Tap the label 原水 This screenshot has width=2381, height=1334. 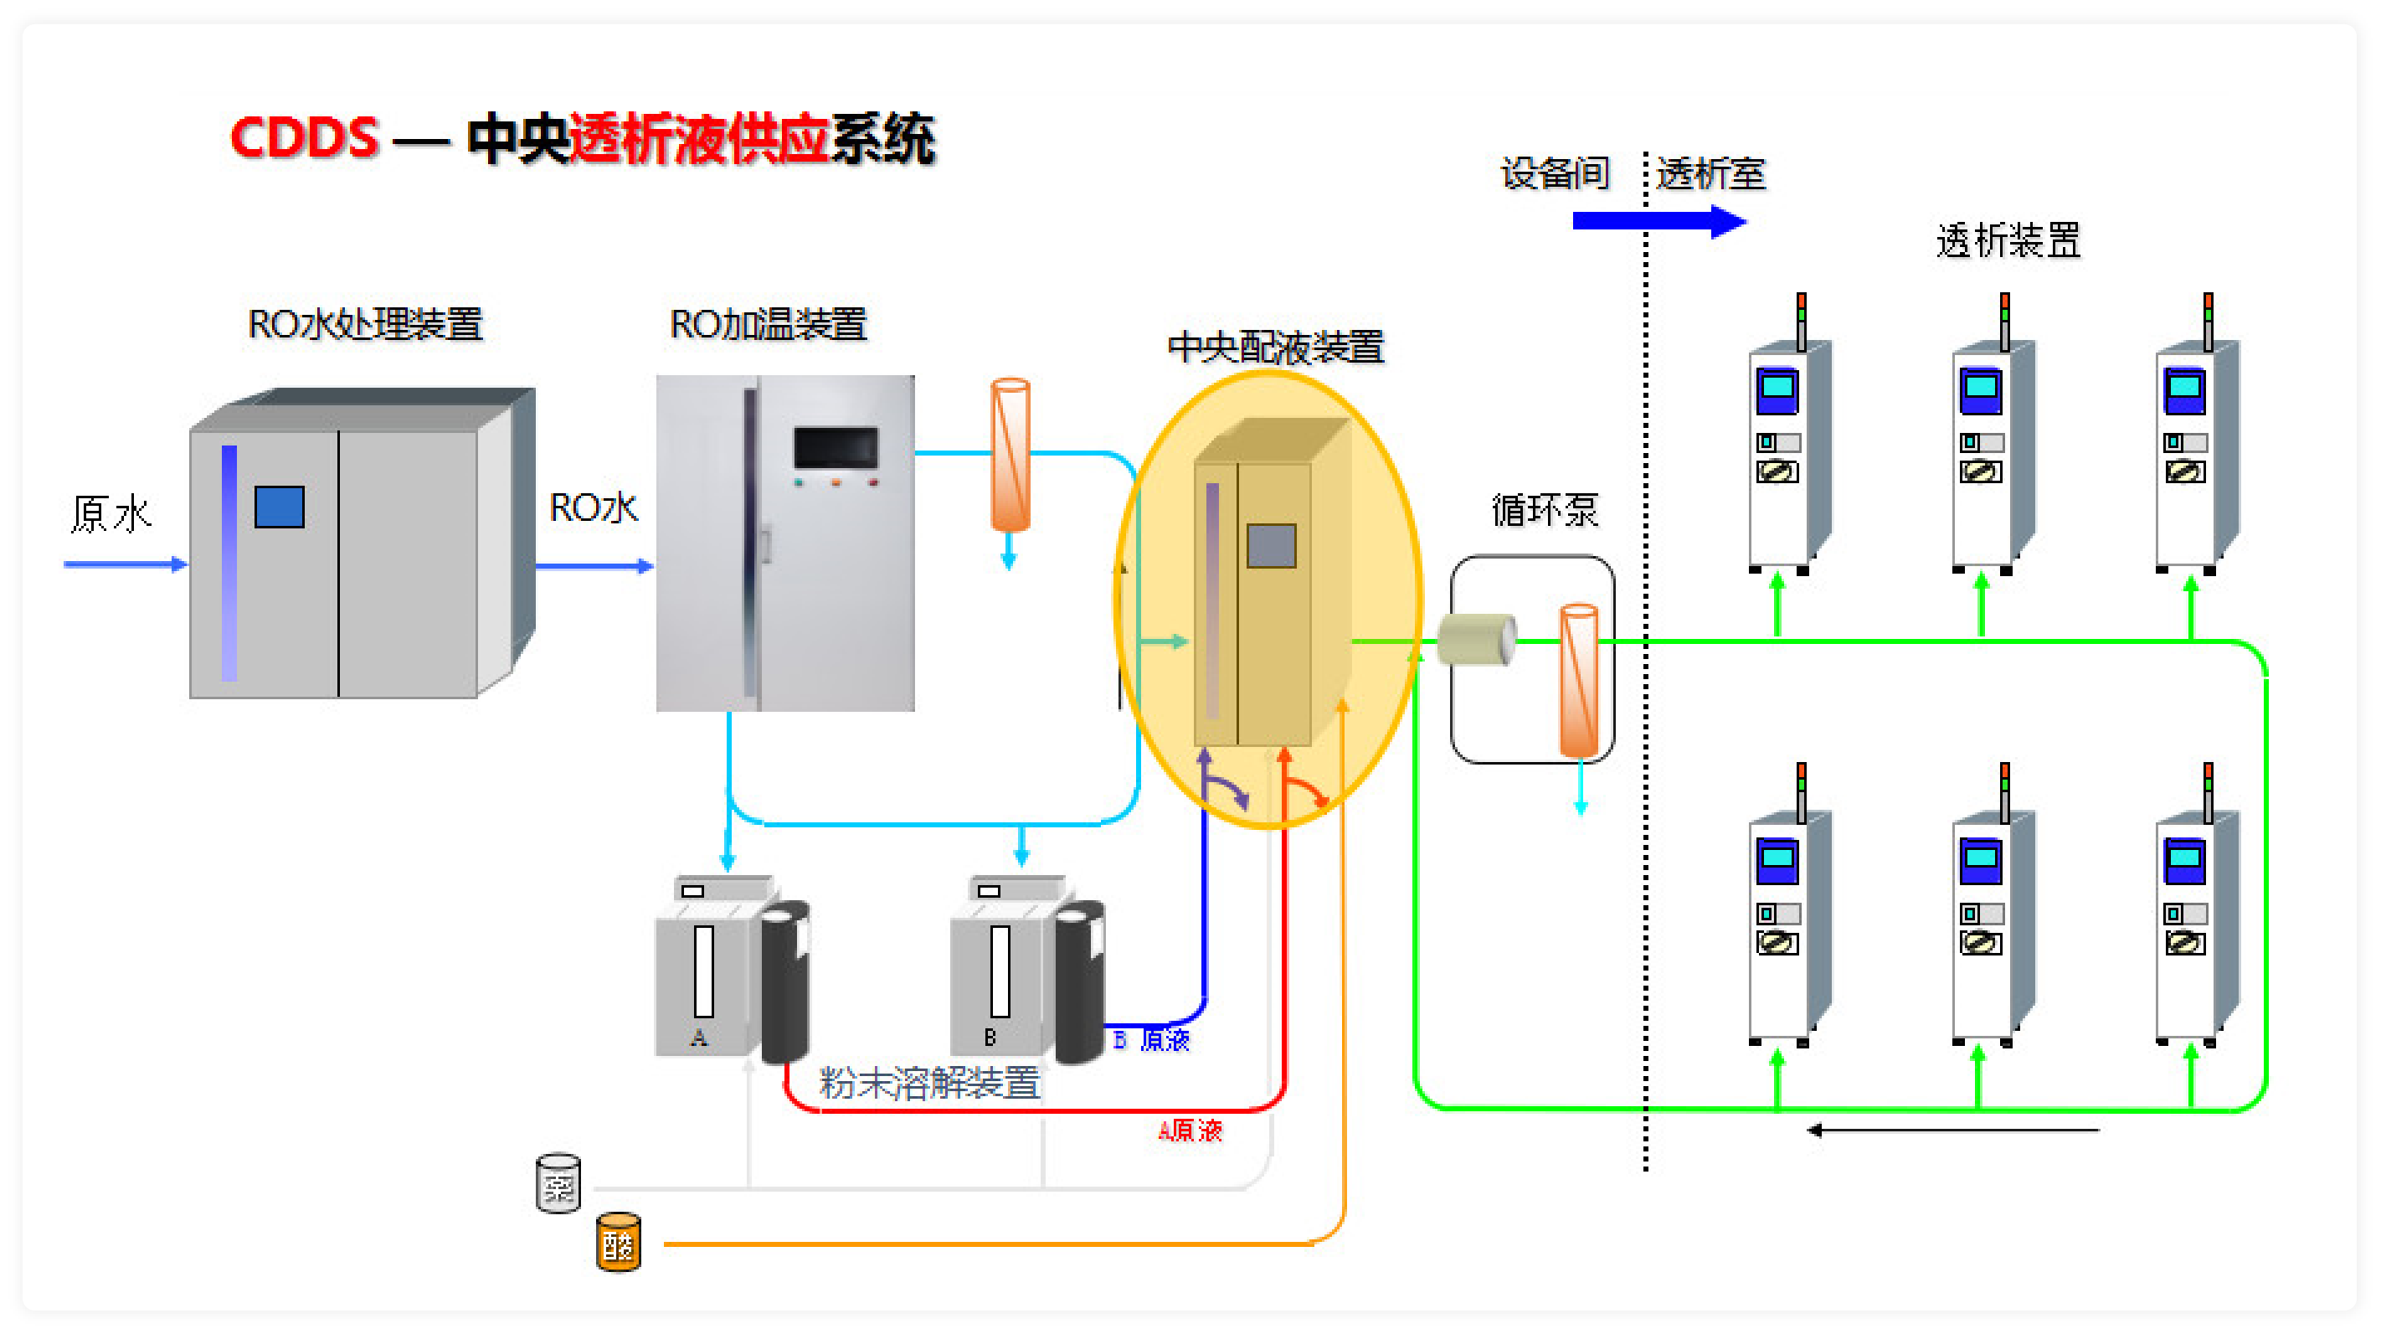[111, 513]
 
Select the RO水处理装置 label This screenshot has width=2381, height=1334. [365, 323]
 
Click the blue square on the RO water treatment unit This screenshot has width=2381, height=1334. [279, 507]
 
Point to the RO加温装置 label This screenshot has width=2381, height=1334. [767, 323]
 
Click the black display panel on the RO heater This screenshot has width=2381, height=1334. [836, 447]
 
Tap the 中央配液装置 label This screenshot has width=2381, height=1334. [1276, 347]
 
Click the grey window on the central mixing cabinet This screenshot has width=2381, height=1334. [1271, 545]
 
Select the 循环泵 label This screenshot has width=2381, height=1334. [1545, 509]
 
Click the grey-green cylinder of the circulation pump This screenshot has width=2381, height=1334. [1477, 639]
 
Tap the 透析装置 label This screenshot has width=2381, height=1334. [2008, 240]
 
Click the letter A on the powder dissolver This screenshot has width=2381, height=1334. [699, 1038]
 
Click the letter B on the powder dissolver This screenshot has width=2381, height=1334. [990, 1038]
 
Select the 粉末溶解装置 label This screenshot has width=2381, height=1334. [929, 1082]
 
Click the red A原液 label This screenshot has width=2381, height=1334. [1190, 1130]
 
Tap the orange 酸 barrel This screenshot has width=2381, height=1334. [619, 1244]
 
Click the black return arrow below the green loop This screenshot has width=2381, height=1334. [1951, 1130]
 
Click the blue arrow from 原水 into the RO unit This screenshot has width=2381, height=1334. [125, 564]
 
